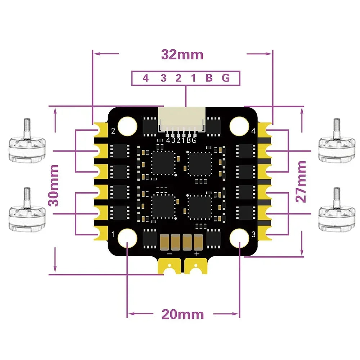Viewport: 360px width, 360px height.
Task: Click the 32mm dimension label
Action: click(x=182, y=55)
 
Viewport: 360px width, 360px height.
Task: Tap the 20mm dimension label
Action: click(x=182, y=314)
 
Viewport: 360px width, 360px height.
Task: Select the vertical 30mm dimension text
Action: click(x=54, y=185)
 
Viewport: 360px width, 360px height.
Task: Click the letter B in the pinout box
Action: click(x=209, y=78)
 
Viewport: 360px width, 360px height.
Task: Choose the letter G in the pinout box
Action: click(x=226, y=78)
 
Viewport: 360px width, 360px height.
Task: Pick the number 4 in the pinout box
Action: click(x=145, y=78)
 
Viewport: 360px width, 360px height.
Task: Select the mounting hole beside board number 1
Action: click(x=128, y=238)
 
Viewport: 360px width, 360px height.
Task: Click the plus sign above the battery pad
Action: click(x=197, y=254)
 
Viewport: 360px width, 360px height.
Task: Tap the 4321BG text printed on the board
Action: click(x=181, y=140)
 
